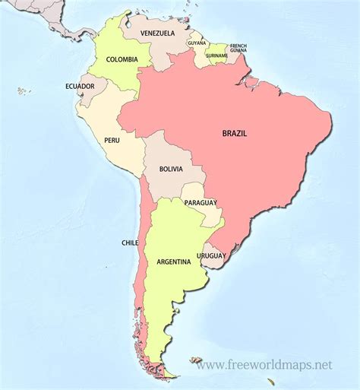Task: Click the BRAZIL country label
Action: pyautogui.click(x=235, y=133)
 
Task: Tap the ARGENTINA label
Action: pyautogui.click(x=173, y=262)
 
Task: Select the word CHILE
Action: pyautogui.click(x=129, y=243)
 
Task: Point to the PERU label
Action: pyautogui.click(x=111, y=141)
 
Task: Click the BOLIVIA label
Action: pyautogui.click(x=171, y=170)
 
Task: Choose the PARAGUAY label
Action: pyautogui.click(x=200, y=203)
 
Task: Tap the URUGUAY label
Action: pyautogui.click(x=212, y=256)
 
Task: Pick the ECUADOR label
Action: pyautogui.click(x=80, y=86)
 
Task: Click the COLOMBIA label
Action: pyautogui.click(x=122, y=59)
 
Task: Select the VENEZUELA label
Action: pyautogui.click(x=158, y=33)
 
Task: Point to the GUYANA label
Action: pyautogui.click(x=197, y=43)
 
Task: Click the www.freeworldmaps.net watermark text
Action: pyautogui.click(x=264, y=365)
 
